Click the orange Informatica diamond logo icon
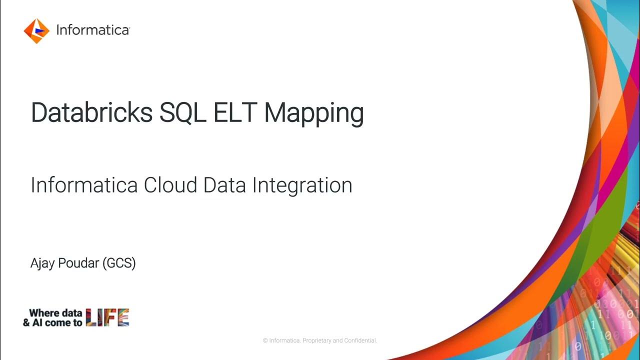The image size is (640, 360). [x=36, y=31]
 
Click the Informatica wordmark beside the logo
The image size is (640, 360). [x=92, y=30]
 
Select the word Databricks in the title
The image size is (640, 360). [x=91, y=112]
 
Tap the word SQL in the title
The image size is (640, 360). [x=182, y=112]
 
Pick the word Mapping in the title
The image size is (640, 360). [x=313, y=113]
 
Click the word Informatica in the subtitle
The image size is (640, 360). [x=84, y=185]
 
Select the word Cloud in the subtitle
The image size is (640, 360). [x=171, y=185]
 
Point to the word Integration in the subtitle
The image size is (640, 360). [x=302, y=185]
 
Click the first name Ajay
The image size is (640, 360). [x=42, y=263]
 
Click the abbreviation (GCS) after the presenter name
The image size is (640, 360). [x=119, y=263]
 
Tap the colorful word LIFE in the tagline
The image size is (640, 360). [x=107, y=317]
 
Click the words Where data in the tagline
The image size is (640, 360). [x=55, y=313]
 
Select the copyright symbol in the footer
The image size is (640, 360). [x=265, y=340]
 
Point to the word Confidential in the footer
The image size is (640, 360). [x=360, y=340]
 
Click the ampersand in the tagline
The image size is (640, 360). [x=26, y=322]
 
